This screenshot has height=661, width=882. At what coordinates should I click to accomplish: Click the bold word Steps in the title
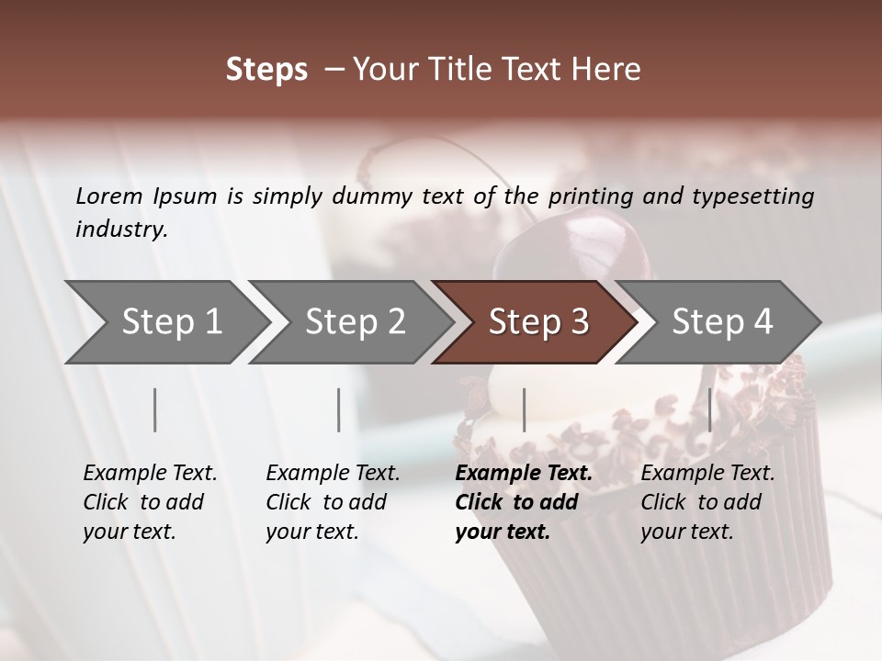(266, 71)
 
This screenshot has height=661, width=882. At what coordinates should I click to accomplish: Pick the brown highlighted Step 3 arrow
(538, 322)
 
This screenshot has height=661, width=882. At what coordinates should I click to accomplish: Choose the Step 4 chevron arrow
(722, 322)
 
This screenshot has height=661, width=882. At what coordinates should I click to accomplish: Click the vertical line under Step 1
(155, 409)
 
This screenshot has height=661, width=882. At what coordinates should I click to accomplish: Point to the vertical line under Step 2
(339, 409)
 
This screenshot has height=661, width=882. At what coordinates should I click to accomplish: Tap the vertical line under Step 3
(524, 409)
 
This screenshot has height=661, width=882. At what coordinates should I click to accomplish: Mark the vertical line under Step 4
(709, 409)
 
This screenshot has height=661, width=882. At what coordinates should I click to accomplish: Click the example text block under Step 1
(150, 502)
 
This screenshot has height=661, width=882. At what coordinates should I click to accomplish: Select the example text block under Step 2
(333, 502)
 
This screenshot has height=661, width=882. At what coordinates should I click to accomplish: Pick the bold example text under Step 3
(523, 502)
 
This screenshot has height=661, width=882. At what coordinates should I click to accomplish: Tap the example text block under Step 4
(707, 502)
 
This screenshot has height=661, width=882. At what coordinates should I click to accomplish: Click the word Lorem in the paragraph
(109, 196)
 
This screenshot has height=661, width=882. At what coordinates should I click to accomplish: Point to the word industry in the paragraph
(121, 230)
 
